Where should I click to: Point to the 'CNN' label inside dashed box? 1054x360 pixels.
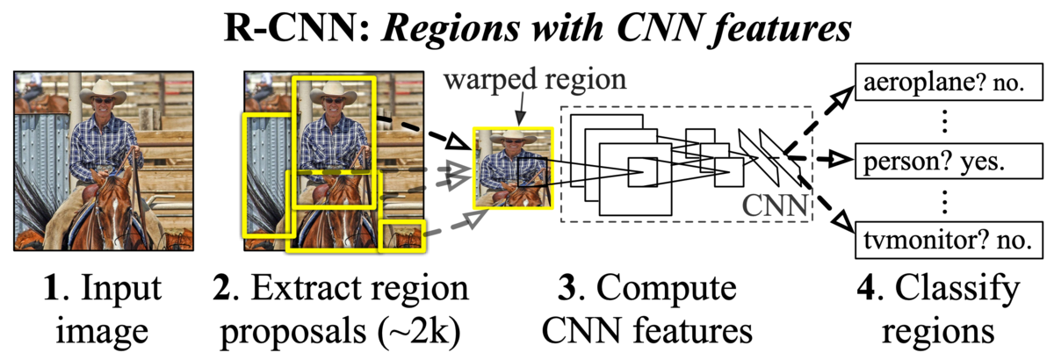tap(775, 205)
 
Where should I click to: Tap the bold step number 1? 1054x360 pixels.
tap(52, 287)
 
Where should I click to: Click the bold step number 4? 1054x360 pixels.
tap(868, 287)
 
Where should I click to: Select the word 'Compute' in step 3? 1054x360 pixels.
tap(667, 288)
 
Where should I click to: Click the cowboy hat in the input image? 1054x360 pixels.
tap(103, 92)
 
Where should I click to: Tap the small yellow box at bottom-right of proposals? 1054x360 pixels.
tap(402, 235)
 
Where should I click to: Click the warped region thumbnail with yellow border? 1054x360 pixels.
tap(513, 168)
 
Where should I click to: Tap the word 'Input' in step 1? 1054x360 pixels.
tap(121, 288)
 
